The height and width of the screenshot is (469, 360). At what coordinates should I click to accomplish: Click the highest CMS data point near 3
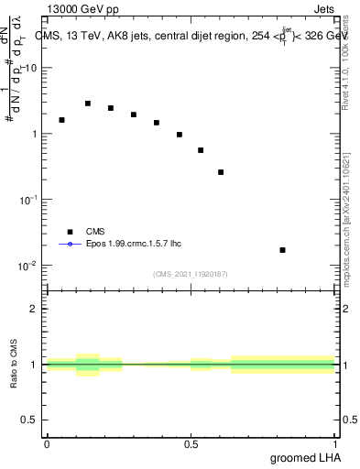point(88,104)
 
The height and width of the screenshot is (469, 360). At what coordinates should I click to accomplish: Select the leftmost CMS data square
point(61,120)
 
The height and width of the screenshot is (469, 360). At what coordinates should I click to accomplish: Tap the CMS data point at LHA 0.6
point(221,172)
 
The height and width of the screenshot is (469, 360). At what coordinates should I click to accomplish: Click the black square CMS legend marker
point(69,233)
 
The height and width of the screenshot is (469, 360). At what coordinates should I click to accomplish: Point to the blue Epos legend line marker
point(69,245)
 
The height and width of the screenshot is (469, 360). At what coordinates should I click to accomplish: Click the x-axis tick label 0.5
point(191,444)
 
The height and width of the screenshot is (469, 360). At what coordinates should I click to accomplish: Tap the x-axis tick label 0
point(47,444)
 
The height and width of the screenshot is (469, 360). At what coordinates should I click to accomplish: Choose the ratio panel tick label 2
point(35,309)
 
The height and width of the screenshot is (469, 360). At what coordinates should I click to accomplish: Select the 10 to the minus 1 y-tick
point(27,200)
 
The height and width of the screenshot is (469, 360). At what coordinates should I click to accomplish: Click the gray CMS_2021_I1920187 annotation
point(190,273)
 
